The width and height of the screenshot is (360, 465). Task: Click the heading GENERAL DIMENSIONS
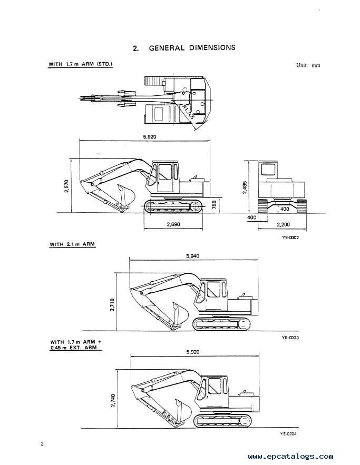point(192,48)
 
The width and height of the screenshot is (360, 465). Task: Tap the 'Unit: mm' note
point(308,65)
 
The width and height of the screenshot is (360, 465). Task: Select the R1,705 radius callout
point(188,112)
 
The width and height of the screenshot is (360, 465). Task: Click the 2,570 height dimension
point(66,186)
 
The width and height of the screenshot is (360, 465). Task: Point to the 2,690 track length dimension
point(173,224)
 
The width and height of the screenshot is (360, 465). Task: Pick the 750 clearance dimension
point(215,205)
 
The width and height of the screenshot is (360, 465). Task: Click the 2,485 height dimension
point(245,187)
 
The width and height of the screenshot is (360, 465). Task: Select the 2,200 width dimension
point(283,224)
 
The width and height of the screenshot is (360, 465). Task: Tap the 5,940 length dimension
point(193,256)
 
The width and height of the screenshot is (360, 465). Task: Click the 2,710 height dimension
point(112,305)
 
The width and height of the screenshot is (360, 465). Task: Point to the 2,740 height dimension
point(113,400)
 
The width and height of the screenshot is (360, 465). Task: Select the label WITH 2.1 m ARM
point(72,244)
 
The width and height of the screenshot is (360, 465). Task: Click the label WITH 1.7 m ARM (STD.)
point(81,64)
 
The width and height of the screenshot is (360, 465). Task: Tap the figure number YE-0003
point(290,338)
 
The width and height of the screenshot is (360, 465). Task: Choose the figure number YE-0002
point(290,238)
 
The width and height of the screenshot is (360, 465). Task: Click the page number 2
point(42,444)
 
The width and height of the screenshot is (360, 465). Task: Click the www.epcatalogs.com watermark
point(290,457)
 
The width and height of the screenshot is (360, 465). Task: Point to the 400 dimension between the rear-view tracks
point(284,209)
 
